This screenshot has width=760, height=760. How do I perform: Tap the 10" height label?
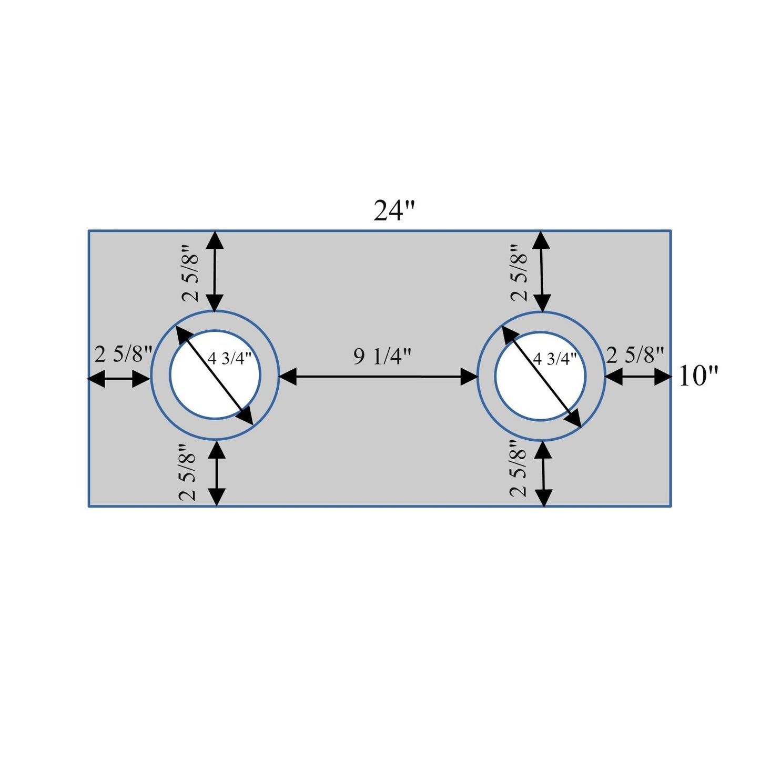[698, 376]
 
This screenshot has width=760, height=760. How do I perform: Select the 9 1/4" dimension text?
[382, 357]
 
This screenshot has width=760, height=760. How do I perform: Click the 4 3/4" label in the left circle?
[229, 359]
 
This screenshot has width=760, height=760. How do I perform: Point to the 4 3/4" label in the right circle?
[555, 359]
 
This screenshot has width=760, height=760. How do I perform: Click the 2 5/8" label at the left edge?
[124, 354]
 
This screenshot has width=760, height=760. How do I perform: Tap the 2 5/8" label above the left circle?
[191, 273]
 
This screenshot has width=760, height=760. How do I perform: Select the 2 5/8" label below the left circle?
[188, 472]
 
